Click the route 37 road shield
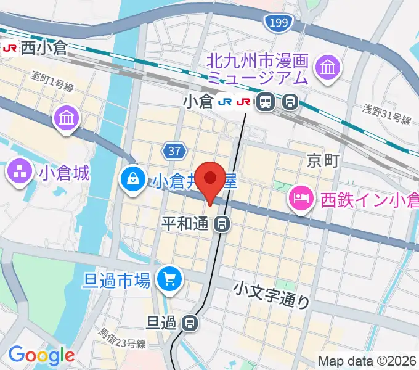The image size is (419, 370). click(x=173, y=150)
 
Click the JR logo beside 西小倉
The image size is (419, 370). click(x=10, y=47)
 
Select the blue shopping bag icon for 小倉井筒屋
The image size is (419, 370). click(x=132, y=180)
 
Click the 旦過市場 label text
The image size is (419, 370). click(x=117, y=281)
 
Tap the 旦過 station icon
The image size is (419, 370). click(x=191, y=321)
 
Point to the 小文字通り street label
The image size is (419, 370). click(x=272, y=294)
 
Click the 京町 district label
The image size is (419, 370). click(x=323, y=162)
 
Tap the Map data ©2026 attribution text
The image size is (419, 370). click(x=367, y=361)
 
